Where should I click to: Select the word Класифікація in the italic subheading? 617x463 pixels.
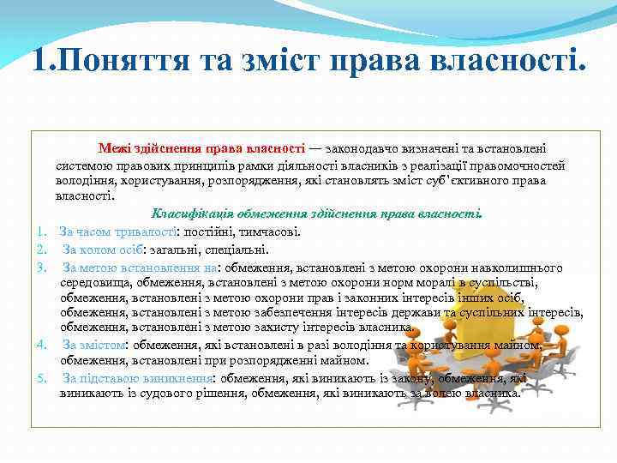(x=190, y=213)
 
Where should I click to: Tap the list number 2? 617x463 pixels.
(x=41, y=250)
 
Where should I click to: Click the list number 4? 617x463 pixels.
(x=41, y=345)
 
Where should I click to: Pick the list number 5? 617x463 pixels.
(x=41, y=377)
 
